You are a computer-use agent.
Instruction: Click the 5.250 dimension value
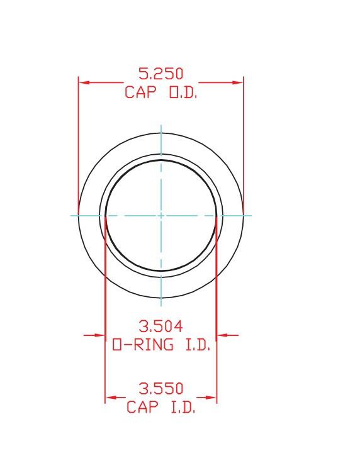point(160,74)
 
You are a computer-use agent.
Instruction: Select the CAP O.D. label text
point(160,92)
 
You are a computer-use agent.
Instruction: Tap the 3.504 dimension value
point(160,326)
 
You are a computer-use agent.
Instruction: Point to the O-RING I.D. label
point(160,345)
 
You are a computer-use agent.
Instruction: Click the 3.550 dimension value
point(160,389)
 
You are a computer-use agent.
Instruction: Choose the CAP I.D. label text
point(160,407)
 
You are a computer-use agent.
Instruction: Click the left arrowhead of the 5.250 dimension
point(84,82)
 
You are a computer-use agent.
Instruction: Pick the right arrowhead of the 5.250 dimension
point(238,82)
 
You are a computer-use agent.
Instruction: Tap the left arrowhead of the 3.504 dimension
point(100,335)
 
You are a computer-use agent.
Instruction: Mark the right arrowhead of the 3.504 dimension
point(222,335)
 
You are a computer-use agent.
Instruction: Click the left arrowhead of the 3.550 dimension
point(111,398)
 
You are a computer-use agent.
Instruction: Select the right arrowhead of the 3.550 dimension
point(211,398)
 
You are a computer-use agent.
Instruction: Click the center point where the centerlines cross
point(161,215)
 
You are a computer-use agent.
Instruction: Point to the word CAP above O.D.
point(138,92)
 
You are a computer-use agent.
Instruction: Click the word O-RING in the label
point(143,345)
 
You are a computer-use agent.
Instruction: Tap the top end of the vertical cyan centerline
point(161,125)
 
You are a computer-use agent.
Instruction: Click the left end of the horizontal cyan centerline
point(70,215)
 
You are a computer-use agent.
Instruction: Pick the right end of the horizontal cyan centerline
point(252,215)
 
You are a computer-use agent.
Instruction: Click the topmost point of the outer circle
point(161,133)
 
